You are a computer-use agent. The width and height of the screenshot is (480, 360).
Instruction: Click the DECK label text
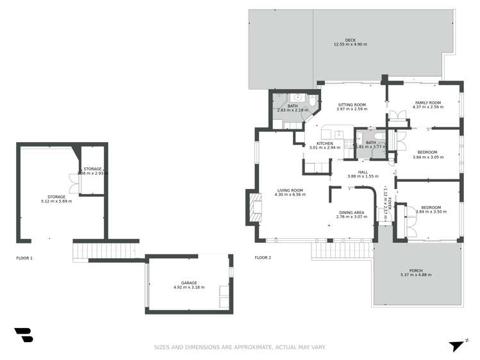(x=350, y=40)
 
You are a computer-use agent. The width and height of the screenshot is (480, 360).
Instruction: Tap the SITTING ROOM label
(x=351, y=104)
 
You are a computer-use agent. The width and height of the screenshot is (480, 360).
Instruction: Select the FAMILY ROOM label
(x=427, y=102)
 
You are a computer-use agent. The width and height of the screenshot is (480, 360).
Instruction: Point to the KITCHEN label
(x=324, y=143)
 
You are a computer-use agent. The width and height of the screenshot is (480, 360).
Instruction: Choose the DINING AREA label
(x=351, y=212)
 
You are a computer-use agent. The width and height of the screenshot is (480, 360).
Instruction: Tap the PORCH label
(x=416, y=270)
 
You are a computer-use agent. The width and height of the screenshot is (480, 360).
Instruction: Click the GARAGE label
(x=188, y=282)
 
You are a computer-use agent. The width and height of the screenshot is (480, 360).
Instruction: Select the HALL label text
(x=363, y=172)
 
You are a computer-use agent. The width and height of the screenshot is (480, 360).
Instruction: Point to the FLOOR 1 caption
(x=24, y=258)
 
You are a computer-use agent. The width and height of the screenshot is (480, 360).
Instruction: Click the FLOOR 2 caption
(x=263, y=258)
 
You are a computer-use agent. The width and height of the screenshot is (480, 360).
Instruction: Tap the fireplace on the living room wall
(x=254, y=207)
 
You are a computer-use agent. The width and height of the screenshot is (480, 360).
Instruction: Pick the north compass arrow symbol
(x=456, y=346)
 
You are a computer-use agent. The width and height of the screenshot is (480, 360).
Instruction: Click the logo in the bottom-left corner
(x=23, y=334)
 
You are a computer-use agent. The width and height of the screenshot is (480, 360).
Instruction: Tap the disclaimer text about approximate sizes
(x=240, y=348)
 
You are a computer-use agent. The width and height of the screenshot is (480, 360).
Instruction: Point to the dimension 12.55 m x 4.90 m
(x=350, y=44)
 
